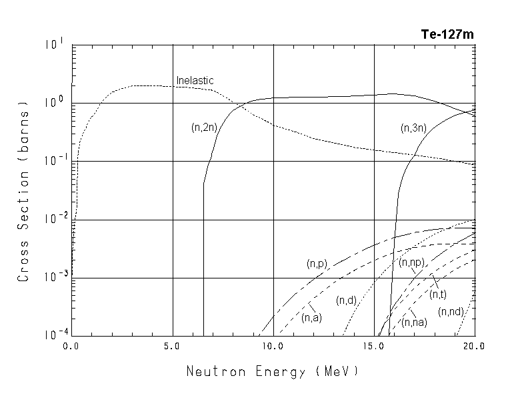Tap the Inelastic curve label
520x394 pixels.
[195, 81]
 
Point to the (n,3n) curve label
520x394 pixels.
[413, 127]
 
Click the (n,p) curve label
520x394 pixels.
[317, 264]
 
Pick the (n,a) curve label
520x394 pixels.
[311, 317]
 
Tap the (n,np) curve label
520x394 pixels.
[411, 263]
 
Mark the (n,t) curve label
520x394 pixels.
[438, 294]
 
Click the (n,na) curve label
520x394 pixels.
[414, 322]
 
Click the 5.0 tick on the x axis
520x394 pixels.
[172, 347]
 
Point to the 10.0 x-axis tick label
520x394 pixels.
[273, 347]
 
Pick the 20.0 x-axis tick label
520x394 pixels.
[474, 347]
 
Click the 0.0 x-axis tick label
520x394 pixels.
[71, 347]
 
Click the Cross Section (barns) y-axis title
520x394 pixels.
[23, 191]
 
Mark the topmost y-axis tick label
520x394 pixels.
[55, 45]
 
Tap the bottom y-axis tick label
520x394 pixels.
[55, 336]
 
